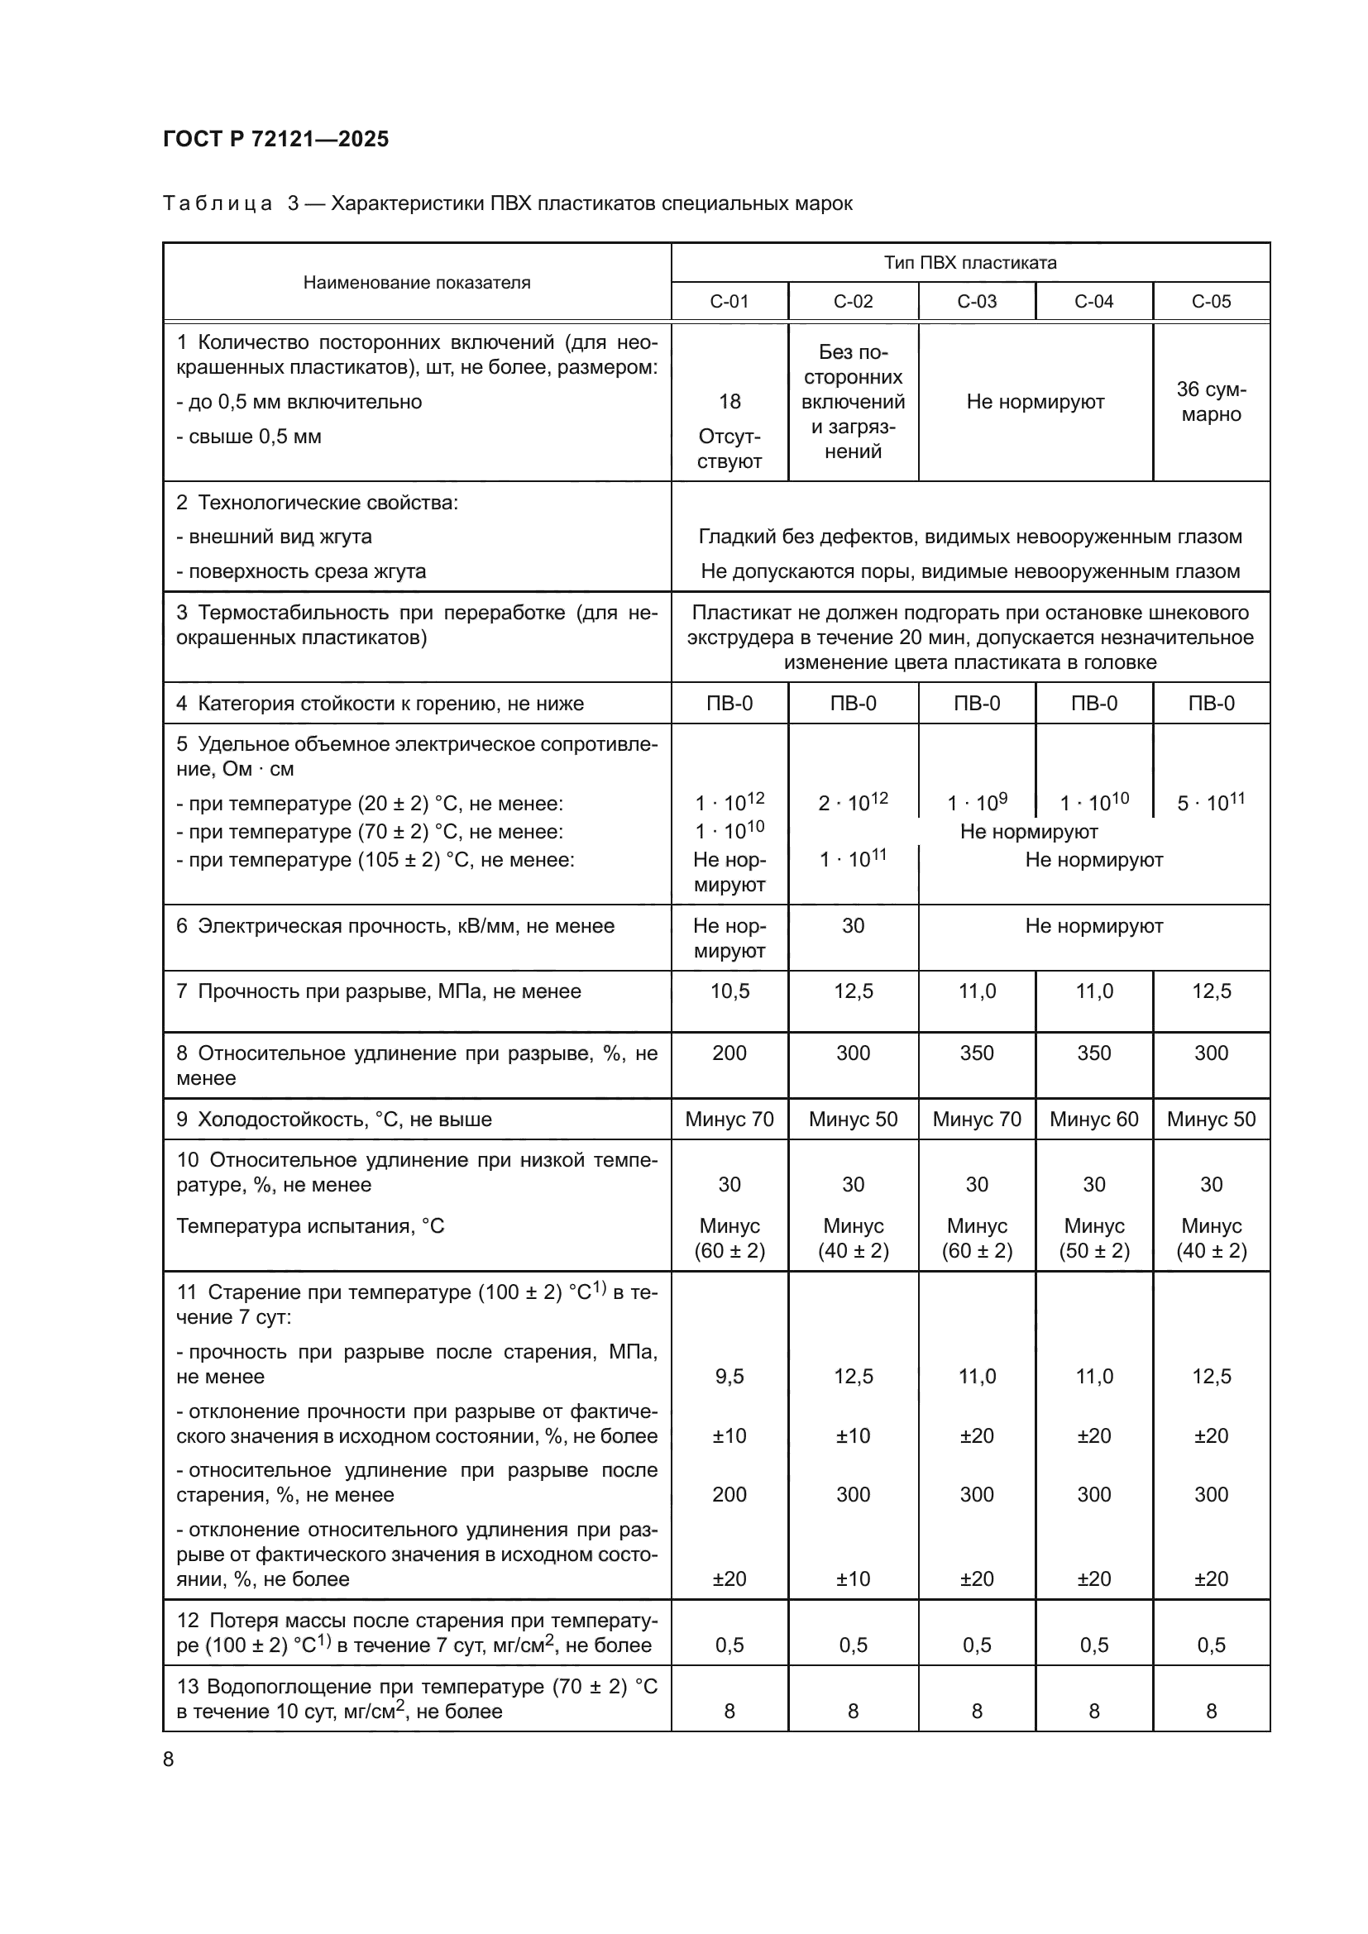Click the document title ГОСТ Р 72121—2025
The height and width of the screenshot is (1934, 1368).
(x=275, y=139)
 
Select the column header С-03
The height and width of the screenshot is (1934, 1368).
(x=976, y=302)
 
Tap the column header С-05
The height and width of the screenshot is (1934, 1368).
(x=1211, y=302)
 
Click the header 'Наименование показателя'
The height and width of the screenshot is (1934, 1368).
(x=417, y=283)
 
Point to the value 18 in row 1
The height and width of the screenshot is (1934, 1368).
(x=729, y=402)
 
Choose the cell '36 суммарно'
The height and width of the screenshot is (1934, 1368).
(x=1211, y=402)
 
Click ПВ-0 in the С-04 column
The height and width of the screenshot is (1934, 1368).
(x=1093, y=704)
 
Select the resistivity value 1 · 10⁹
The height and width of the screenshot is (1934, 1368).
(x=976, y=802)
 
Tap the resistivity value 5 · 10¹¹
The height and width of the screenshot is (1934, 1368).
(x=1211, y=802)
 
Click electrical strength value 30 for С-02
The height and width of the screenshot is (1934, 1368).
(x=853, y=926)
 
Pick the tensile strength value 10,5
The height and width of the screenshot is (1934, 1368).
(x=729, y=991)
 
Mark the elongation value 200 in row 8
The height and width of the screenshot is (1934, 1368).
(x=729, y=1053)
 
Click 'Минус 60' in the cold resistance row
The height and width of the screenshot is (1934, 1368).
(x=1093, y=1120)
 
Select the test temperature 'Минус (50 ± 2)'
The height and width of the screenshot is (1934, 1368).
(x=1093, y=1239)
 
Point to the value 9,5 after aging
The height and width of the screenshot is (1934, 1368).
(x=729, y=1377)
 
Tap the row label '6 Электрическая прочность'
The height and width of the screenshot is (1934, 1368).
(x=395, y=926)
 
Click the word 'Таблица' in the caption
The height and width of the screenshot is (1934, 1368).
(x=218, y=204)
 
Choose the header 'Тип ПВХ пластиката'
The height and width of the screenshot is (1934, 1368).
(x=969, y=263)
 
